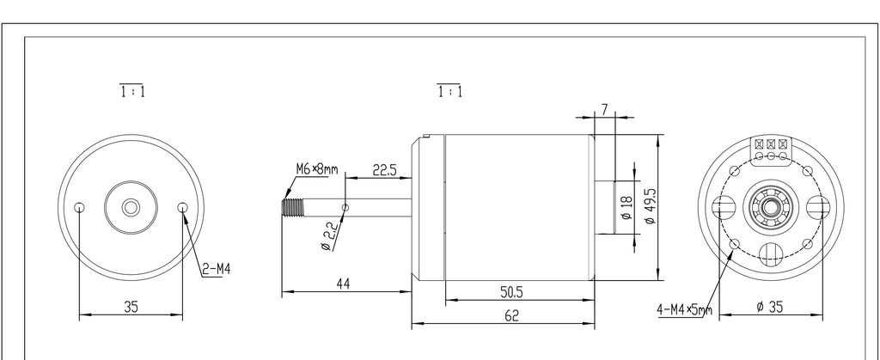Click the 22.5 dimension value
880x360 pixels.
384,170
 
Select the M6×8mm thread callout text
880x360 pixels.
317,168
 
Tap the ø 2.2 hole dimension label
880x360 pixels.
330,236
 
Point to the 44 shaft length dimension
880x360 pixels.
343,284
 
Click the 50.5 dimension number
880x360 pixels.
511,292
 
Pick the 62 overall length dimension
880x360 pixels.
512,315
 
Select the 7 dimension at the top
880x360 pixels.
604,110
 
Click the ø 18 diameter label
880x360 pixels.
626,207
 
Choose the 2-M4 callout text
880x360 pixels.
216,270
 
